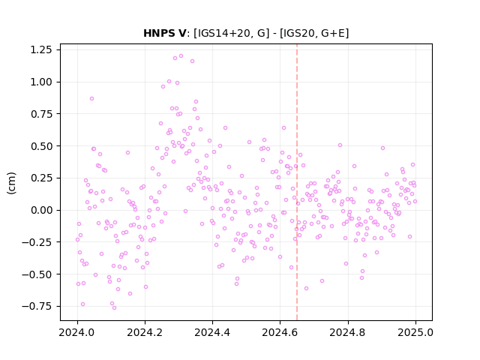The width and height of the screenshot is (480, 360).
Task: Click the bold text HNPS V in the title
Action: pyautogui.click(x=164, y=33)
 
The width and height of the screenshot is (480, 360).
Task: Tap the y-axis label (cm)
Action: pyautogui.click(x=11, y=183)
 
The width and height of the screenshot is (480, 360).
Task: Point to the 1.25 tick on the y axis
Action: pyautogui.click(x=41, y=49)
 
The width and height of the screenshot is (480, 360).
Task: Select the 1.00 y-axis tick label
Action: pyautogui.click(x=41, y=82)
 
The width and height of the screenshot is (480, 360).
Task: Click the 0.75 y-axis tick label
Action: pyautogui.click(x=41, y=114)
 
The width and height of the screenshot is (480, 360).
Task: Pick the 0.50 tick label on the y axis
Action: pyautogui.click(x=41, y=146)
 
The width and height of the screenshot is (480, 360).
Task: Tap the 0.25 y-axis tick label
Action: pyautogui.click(x=41, y=178)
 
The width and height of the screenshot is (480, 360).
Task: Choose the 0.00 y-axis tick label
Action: pyautogui.click(x=41, y=210)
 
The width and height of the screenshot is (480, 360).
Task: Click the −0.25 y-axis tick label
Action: pyautogui.click(x=37, y=242)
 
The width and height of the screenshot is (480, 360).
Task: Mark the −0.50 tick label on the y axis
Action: pyautogui.click(x=37, y=274)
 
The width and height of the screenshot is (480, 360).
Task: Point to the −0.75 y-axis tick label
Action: pyautogui.click(x=37, y=306)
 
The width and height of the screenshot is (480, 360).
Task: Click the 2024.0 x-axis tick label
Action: pyautogui.click(x=77, y=332)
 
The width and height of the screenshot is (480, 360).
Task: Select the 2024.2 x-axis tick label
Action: pyautogui.click(x=145, y=332)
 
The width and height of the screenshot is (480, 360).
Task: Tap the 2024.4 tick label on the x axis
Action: pyautogui.click(x=212, y=332)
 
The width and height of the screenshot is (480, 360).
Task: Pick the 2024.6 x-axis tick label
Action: pyautogui.click(x=280, y=332)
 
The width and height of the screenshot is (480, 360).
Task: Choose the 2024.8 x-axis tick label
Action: pyautogui.click(x=348, y=332)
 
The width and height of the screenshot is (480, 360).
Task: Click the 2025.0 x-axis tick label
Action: pyautogui.click(x=415, y=332)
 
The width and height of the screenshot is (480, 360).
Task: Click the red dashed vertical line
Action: pyautogui.click(x=297, y=182)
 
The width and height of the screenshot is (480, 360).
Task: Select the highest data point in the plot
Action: pyautogui.click(x=181, y=56)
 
